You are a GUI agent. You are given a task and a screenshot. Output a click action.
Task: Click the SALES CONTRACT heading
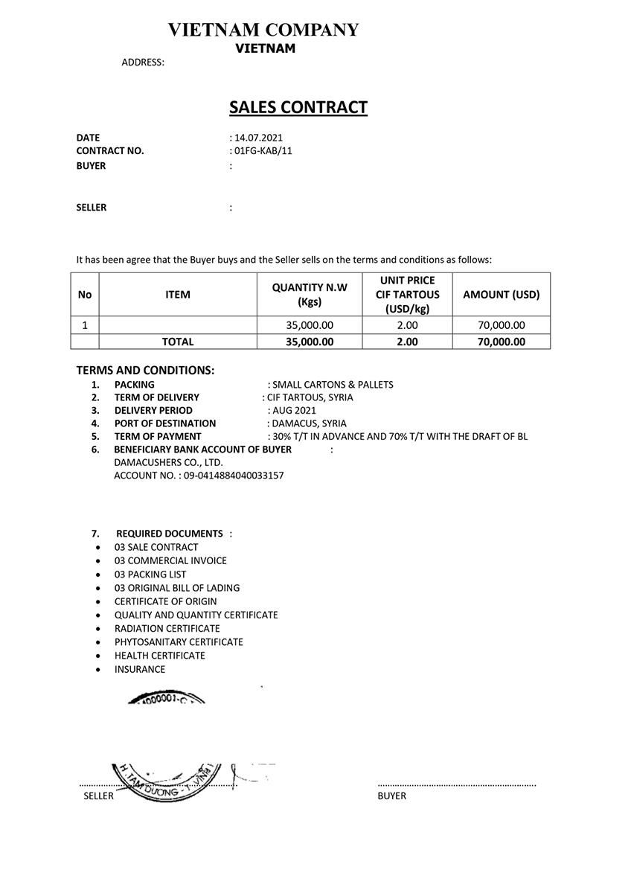(x=298, y=107)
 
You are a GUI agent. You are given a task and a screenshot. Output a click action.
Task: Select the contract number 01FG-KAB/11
(x=263, y=151)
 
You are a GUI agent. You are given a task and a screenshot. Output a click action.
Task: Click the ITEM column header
(x=177, y=295)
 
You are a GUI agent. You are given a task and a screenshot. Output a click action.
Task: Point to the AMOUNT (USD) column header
(x=501, y=295)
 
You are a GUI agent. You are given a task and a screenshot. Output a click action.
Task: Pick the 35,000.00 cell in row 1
(x=310, y=325)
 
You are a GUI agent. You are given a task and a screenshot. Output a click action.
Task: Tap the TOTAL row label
(x=177, y=342)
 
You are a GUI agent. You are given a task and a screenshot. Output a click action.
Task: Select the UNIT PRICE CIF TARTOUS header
(x=407, y=295)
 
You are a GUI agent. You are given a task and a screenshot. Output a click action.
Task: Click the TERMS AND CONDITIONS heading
(x=145, y=371)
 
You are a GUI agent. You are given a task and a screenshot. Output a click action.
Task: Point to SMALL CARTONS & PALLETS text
(x=333, y=385)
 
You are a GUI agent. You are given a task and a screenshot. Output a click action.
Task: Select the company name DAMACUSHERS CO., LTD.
(x=158, y=462)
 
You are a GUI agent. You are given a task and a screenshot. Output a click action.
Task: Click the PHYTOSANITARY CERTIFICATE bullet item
(x=179, y=642)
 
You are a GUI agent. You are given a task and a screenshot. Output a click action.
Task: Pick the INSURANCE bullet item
(x=140, y=669)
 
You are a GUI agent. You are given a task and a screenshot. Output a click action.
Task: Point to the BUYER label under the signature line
(x=391, y=796)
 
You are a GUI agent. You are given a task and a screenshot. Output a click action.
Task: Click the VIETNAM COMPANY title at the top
(x=263, y=30)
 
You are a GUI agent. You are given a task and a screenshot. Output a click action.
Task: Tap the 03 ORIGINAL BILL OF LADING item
(x=177, y=588)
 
